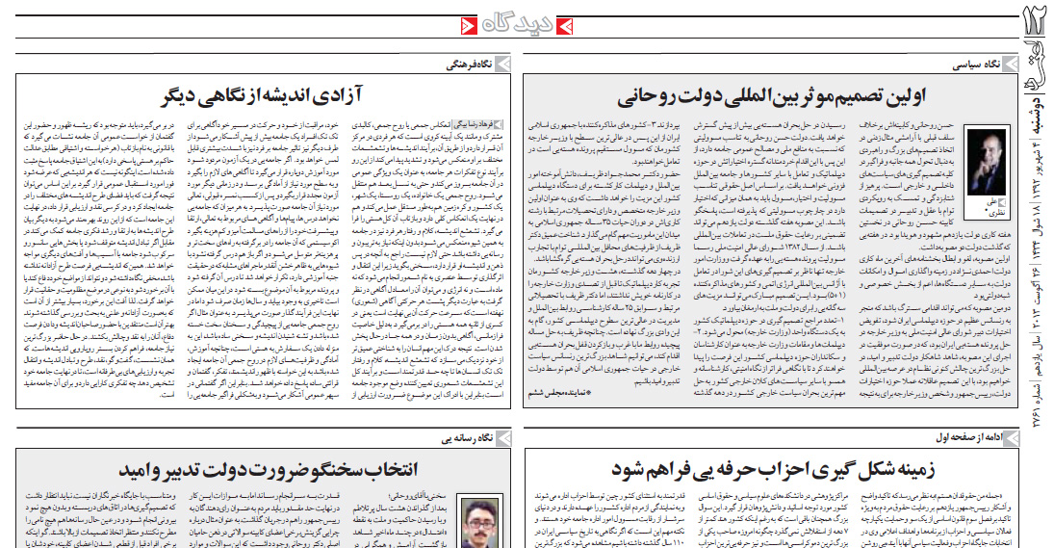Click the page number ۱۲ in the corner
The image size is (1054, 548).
pos(1036,23)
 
